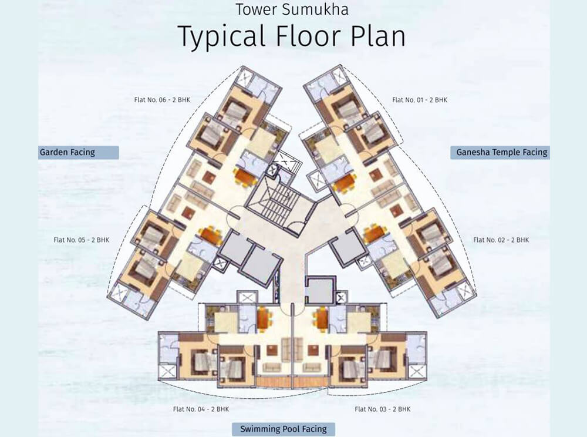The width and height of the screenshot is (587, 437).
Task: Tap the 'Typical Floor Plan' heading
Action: pos(291,36)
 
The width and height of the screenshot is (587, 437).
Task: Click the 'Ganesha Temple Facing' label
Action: pos(501,153)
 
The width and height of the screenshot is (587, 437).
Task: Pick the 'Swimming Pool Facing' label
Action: pos(284,429)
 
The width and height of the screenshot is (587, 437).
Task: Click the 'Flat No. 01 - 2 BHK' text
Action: pos(420,100)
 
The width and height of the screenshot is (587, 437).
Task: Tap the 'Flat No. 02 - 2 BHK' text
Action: pos(501,240)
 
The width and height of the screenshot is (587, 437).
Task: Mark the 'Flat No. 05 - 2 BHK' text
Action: pos(82,240)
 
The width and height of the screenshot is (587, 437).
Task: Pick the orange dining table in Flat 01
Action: pos(344,182)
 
